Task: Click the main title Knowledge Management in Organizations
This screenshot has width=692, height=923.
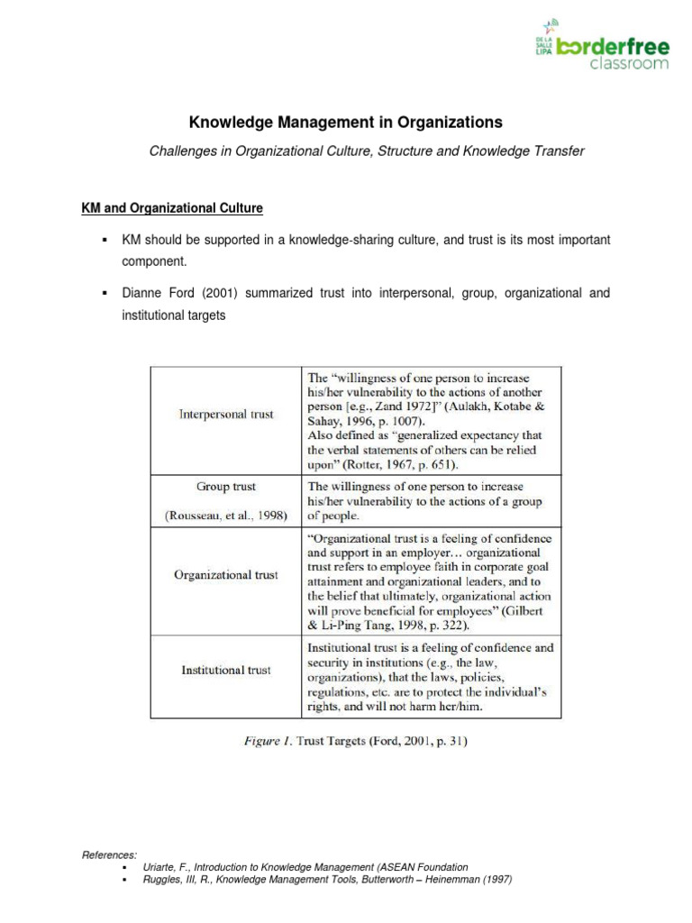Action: click(x=345, y=122)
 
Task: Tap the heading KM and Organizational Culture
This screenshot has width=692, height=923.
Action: click(x=172, y=208)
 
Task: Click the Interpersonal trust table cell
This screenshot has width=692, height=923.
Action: click(x=225, y=415)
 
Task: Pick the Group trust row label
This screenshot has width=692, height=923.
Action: click(x=226, y=487)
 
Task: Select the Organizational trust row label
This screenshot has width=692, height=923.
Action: click(x=226, y=574)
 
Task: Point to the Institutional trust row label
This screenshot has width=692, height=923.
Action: click(x=226, y=670)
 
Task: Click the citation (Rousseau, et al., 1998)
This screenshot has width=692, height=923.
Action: click(x=226, y=516)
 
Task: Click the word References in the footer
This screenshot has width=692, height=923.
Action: click(x=109, y=854)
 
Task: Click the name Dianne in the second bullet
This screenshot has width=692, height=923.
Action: click(x=142, y=294)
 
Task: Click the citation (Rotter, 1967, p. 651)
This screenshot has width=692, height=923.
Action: click(x=396, y=465)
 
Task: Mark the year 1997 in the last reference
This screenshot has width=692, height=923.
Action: click(x=497, y=880)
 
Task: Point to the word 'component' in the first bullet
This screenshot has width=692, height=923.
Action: click(x=155, y=261)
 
